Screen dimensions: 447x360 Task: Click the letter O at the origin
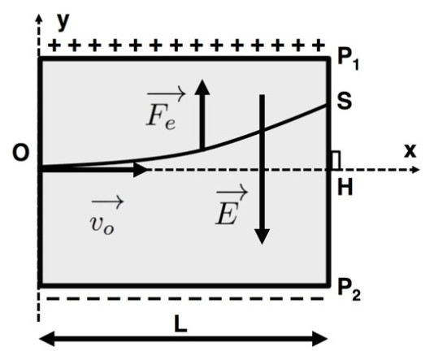[x=21, y=153]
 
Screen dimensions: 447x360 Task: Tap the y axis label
[x=63, y=22]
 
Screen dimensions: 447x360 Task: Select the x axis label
[x=410, y=151]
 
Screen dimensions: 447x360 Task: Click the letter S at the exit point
[x=345, y=101]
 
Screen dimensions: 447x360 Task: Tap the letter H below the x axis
[x=345, y=187]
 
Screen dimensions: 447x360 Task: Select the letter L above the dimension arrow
[x=180, y=323]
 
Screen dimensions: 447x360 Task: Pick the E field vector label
[x=231, y=204]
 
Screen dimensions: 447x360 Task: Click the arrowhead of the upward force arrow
[x=202, y=87]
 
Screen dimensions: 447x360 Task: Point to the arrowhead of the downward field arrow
[x=262, y=236]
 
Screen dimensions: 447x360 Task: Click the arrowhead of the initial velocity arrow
[x=141, y=170]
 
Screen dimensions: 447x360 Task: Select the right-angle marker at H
[x=336, y=161]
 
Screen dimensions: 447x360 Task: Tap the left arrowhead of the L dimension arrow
[x=46, y=339]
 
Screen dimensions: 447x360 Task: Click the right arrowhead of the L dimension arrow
[x=320, y=339]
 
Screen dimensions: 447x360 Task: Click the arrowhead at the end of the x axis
[x=415, y=170]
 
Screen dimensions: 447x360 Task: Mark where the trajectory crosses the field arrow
[x=262, y=132]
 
